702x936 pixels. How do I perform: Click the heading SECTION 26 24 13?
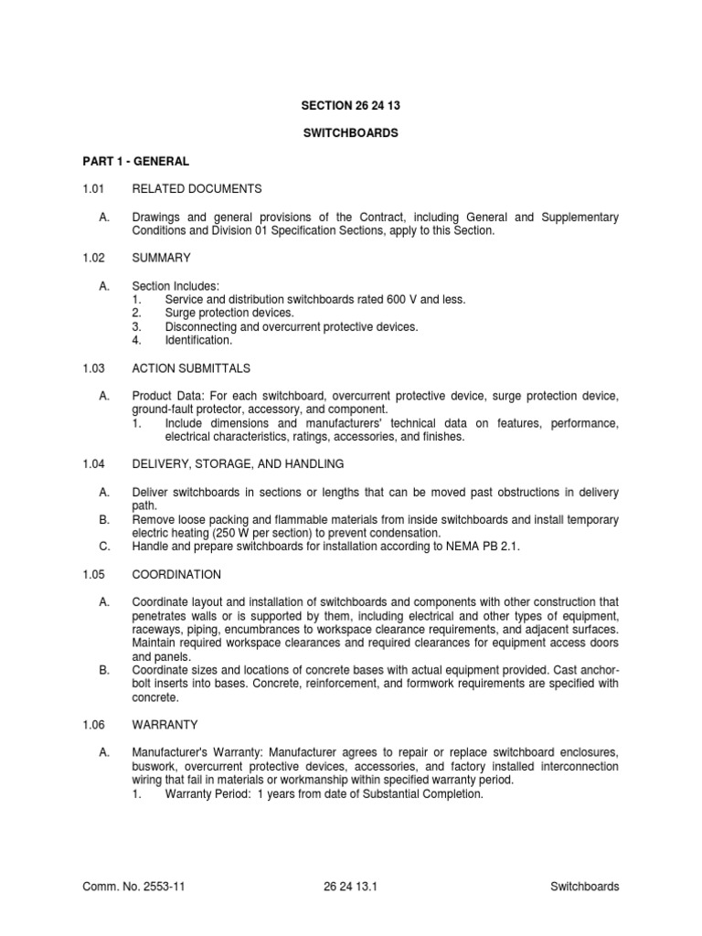(x=351, y=106)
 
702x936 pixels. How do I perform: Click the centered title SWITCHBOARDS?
(x=351, y=133)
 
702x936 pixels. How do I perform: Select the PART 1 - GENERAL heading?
(x=134, y=161)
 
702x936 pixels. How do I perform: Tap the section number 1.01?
(x=93, y=189)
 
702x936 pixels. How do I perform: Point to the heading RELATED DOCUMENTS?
(x=197, y=189)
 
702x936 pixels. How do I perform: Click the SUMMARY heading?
(x=161, y=260)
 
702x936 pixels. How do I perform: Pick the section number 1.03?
(x=93, y=368)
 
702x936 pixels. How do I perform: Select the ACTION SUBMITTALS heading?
(x=191, y=368)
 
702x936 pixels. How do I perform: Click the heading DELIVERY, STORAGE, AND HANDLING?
(x=238, y=464)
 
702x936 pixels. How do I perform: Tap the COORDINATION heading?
(x=176, y=575)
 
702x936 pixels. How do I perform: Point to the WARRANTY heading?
(x=165, y=725)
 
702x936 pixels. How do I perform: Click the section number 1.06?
(x=93, y=725)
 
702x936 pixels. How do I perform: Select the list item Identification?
(x=198, y=340)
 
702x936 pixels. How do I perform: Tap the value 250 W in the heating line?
(x=257, y=533)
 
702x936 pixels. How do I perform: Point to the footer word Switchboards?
(x=585, y=886)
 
